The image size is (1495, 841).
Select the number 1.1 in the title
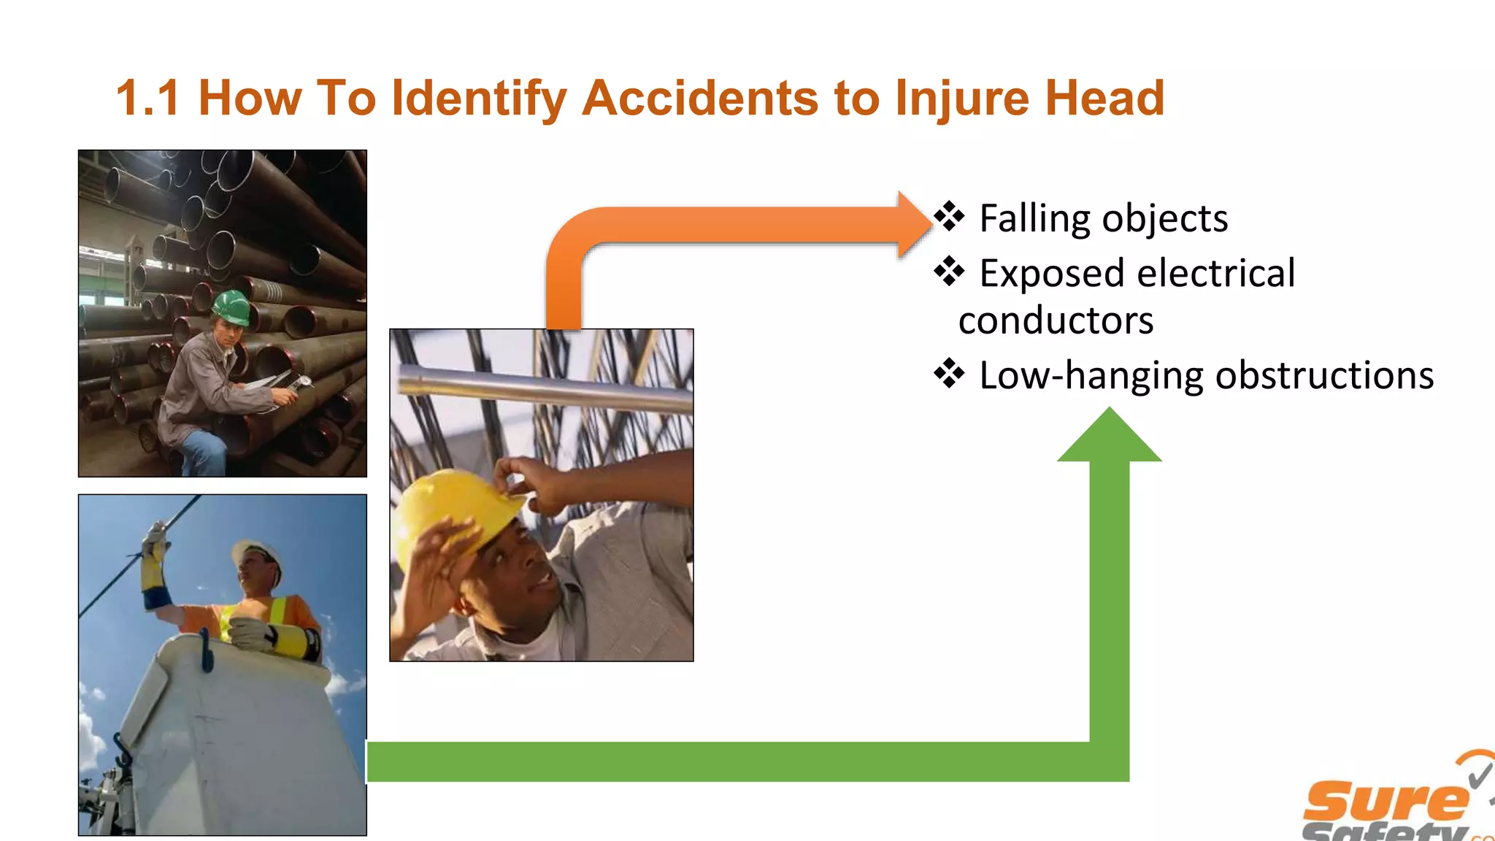[x=147, y=99]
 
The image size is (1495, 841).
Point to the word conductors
[x=1056, y=320]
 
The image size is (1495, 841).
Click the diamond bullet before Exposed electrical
[x=949, y=272]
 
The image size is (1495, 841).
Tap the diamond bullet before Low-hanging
[x=949, y=374]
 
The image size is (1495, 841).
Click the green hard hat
[x=233, y=307]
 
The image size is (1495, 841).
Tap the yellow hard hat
[x=453, y=511]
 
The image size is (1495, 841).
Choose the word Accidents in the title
[x=699, y=99]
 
